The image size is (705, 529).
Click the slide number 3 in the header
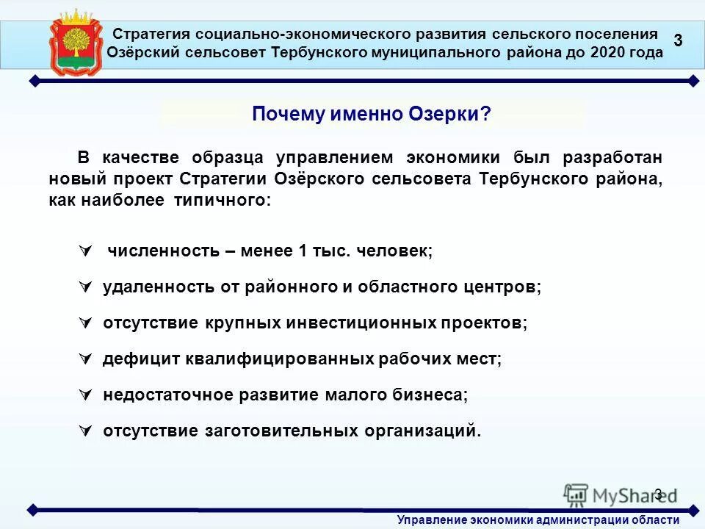click(678, 41)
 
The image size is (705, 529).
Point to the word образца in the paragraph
click(228, 158)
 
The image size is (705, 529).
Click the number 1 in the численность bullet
click(302, 251)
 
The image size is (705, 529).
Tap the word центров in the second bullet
click(502, 287)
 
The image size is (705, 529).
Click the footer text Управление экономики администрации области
click(538, 520)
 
